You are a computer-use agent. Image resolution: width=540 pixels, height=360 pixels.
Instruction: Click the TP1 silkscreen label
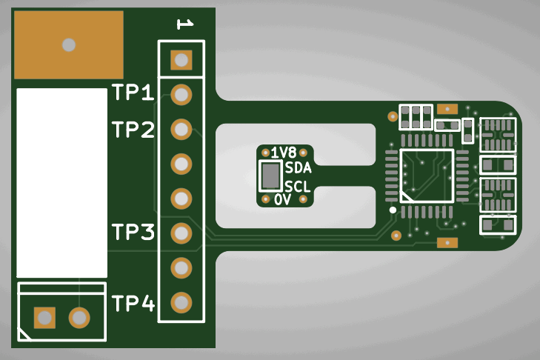[x=133, y=93]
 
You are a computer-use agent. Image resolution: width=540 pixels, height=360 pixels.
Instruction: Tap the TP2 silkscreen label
[x=133, y=130]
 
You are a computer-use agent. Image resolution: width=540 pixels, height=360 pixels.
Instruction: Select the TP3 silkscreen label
[x=133, y=233]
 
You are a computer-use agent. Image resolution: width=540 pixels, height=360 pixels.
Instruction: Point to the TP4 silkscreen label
[x=133, y=303]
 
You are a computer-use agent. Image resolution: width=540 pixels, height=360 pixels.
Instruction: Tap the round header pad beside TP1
[x=181, y=95]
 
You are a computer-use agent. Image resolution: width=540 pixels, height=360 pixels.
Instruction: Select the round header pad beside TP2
[x=181, y=130]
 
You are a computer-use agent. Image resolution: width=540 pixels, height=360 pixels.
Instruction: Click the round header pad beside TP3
[x=181, y=233]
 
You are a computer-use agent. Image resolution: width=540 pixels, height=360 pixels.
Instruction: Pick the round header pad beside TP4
[x=181, y=302]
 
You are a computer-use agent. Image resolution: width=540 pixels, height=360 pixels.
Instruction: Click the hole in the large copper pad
[x=69, y=44]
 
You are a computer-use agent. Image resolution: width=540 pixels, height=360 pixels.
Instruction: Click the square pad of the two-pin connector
[x=44, y=319]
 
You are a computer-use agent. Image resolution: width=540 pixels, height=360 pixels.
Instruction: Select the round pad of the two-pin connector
[x=79, y=319]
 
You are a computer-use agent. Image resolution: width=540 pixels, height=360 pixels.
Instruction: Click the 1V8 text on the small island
[x=283, y=153]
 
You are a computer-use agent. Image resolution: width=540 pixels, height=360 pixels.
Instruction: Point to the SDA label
[x=298, y=168]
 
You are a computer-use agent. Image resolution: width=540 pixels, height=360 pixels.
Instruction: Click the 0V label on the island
[x=282, y=200]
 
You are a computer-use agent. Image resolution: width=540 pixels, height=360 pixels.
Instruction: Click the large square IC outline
[x=426, y=176]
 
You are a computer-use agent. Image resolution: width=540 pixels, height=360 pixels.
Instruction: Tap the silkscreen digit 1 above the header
[x=184, y=25]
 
